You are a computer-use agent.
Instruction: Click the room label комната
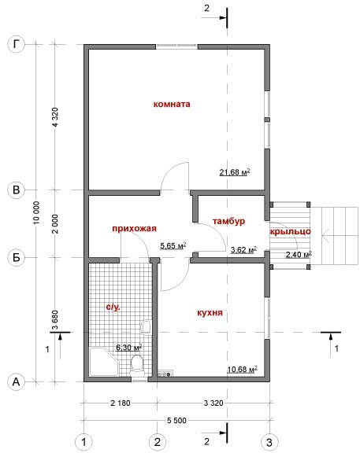pyautogui.click(x=172, y=104)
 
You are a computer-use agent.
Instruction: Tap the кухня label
pyautogui.click(x=210, y=312)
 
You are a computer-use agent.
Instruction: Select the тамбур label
pyautogui.click(x=228, y=221)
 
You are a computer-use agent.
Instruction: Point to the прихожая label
pyautogui.click(x=134, y=229)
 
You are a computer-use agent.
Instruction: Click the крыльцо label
pyautogui.click(x=290, y=232)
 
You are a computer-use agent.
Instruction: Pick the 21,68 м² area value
pyautogui.click(x=235, y=172)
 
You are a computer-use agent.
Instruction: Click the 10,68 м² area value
pyautogui.click(x=242, y=369)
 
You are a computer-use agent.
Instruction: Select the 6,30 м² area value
pyautogui.click(x=128, y=348)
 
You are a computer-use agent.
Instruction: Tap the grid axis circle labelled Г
pyautogui.click(x=17, y=45)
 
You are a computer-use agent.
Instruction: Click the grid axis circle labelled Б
pyautogui.click(x=17, y=257)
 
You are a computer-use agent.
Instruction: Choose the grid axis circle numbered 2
pyautogui.click(x=157, y=442)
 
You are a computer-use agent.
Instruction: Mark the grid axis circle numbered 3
pyautogui.click(x=269, y=442)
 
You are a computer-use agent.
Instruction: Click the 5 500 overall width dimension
pyautogui.click(x=176, y=420)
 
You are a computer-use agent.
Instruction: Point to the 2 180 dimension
pyautogui.click(x=121, y=403)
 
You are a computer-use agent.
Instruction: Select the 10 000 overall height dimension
pyautogui.click(x=36, y=212)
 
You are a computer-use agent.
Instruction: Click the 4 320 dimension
pyautogui.click(x=55, y=117)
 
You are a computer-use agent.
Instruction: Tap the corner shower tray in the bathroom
pyautogui.click(x=104, y=363)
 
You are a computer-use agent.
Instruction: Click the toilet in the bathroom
pyautogui.click(x=137, y=365)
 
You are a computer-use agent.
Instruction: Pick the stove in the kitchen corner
pyautogui.click(x=165, y=374)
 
